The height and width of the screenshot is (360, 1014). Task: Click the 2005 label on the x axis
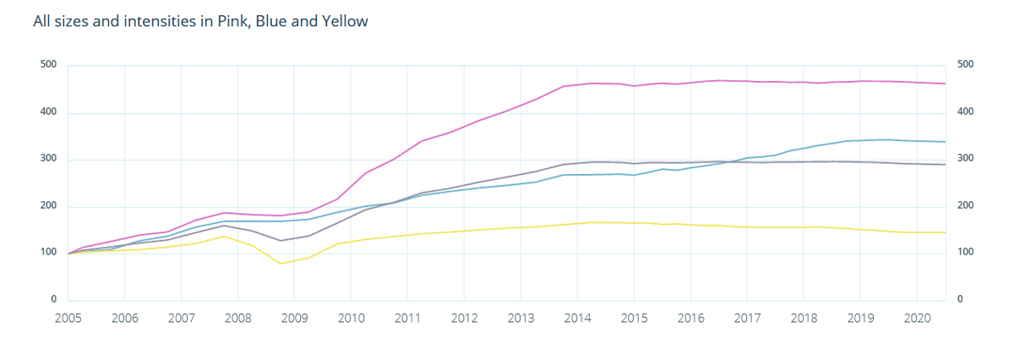(68, 319)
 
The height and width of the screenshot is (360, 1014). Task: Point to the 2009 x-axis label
(294, 319)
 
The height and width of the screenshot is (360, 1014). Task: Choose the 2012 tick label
(464, 319)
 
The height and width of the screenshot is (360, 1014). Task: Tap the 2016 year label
(690, 319)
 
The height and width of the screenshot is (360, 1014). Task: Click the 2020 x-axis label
(917, 319)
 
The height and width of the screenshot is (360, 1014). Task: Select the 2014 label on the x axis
(577, 319)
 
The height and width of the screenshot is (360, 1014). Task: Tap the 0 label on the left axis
(53, 300)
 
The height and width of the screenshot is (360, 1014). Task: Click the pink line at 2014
(577, 85)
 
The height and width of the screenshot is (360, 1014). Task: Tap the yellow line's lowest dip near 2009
(281, 264)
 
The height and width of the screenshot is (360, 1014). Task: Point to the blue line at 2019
(860, 140)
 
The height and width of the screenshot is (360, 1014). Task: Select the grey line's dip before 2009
(281, 241)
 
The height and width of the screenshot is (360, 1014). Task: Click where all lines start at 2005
(68, 254)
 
